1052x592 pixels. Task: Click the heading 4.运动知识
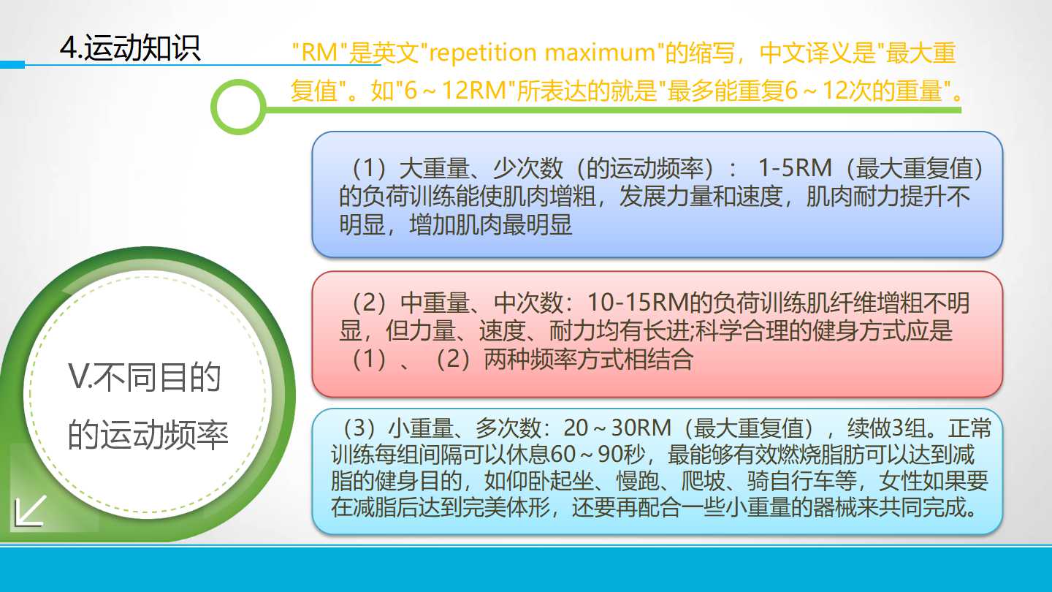tap(130, 48)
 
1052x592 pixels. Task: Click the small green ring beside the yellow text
tap(239, 106)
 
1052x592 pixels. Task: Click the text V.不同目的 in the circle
tap(144, 377)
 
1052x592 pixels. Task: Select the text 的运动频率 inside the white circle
tap(148, 434)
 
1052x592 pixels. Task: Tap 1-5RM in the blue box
tap(795, 168)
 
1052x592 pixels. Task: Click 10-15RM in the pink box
tap(638, 303)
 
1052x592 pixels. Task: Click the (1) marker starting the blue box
tap(369, 168)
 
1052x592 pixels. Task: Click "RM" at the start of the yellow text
tap(319, 53)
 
